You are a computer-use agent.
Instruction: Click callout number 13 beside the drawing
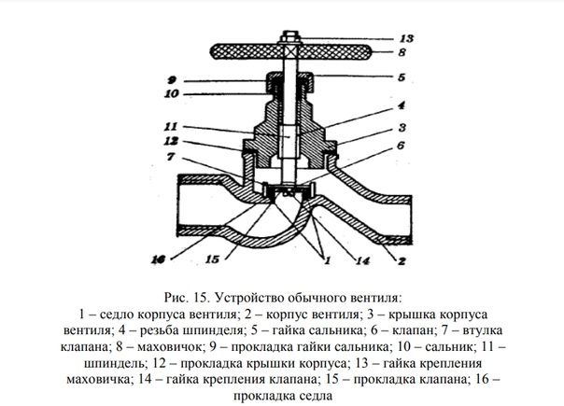(x=405, y=39)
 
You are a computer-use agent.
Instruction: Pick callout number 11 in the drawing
(x=172, y=126)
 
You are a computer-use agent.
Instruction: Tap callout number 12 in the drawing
(x=172, y=141)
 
